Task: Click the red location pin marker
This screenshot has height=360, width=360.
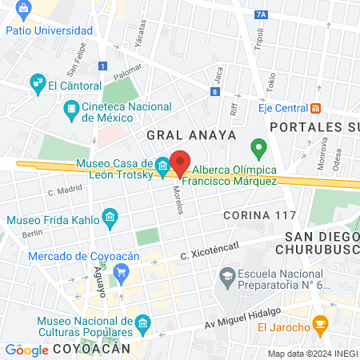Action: (181, 162)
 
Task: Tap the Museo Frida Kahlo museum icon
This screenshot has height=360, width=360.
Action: (110, 218)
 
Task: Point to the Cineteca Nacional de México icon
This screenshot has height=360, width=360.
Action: (71, 107)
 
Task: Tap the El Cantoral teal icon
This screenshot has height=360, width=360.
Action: (37, 82)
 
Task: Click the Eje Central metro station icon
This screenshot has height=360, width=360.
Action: (316, 108)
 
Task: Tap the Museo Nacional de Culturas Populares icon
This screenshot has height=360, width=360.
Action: (142, 323)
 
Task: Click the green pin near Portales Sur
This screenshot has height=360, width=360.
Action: (258, 147)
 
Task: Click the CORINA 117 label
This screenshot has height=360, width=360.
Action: (259, 216)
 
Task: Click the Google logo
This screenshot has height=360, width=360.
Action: (26, 350)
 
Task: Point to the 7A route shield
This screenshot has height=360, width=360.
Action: (261, 14)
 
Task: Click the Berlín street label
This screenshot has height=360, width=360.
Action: (32, 234)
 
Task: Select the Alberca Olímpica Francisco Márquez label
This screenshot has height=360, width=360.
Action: (234, 175)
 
